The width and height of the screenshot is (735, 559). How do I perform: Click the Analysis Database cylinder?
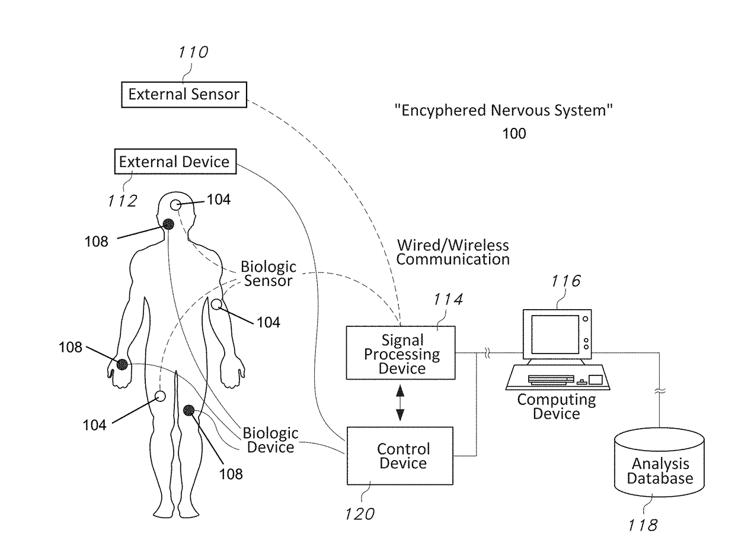pyautogui.click(x=659, y=462)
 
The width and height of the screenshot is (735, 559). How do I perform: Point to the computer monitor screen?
pyautogui.click(x=555, y=334)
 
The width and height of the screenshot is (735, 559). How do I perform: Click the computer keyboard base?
pyautogui.click(x=558, y=377)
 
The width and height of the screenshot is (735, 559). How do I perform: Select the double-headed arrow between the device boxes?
pyautogui.click(x=400, y=403)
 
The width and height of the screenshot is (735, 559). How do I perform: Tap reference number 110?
pyautogui.click(x=193, y=52)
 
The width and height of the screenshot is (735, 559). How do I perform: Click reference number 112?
pyautogui.click(x=123, y=201)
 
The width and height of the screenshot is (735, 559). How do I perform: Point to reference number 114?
pyautogui.click(x=448, y=300)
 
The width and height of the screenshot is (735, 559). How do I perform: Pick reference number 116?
pyautogui.click(x=566, y=281)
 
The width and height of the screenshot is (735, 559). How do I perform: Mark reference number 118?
pyautogui.click(x=643, y=526)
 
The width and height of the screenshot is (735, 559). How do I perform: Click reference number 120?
pyautogui.click(x=360, y=514)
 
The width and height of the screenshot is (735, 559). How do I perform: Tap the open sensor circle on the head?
pyautogui.click(x=176, y=205)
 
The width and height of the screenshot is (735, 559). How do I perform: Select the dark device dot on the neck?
pyautogui.click(x=168, y=224)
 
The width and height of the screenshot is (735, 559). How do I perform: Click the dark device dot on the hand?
pyautogui.click(x=122, y=364)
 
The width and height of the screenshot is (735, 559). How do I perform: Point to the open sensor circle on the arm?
pyautogui.click(x=216, y=304)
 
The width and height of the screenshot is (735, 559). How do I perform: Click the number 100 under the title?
pyautogui.click(x=514, y=133)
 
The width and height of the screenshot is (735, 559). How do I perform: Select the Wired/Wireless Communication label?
pyautogui.click(x=453, y=252)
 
